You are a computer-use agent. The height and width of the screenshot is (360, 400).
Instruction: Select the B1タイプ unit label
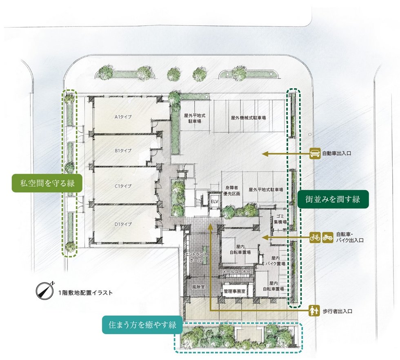[x=122, y=151]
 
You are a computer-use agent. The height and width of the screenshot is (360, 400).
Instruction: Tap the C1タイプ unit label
[x=122, y=186]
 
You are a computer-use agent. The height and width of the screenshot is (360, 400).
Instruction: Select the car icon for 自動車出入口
[x=315, y=153]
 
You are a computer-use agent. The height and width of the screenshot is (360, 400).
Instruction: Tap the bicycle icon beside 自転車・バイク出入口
[x=315, y=237]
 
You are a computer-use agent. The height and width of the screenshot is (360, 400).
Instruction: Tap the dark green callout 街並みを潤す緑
[x=333, y=200]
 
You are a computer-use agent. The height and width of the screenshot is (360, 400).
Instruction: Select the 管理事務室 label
[x=234, y=291]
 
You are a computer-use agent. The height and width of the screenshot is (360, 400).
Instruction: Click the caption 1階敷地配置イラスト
[x=85, y=293]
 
